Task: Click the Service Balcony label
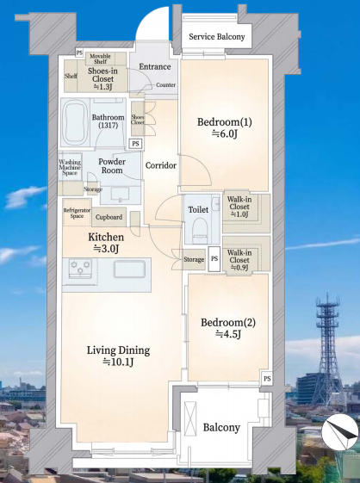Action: click(217, 37)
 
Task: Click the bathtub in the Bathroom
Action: click(74, 122)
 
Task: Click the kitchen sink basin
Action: click(129, 269)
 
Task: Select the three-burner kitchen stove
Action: click(80, 268)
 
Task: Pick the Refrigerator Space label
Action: click(77, 213)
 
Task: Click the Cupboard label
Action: click(109, 217)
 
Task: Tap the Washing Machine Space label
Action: click(70, 167)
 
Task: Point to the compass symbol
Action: click(340, 431)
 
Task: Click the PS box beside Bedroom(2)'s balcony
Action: click(267, 378)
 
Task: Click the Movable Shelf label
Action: click(100, 59)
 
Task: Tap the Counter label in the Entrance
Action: click(166, 84)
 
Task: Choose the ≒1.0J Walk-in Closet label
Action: click(239, 207)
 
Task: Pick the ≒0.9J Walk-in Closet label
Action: click(239, 260)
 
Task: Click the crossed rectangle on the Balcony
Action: click(190, 418)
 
